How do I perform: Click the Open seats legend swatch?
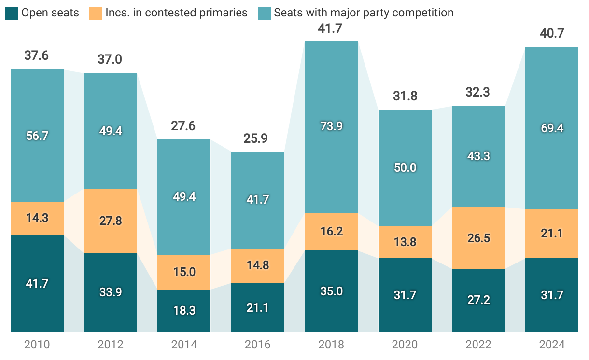pyautogui.click(x=12, y=13)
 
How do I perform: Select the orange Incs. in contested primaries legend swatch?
pyautogui.click(x=96, y=13)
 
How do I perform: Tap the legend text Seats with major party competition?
pyautogui.click(x=364, y=13)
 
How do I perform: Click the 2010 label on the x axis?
pyautogui.click(x=37, y=345)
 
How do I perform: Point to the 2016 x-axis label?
pyautogui.click(x=257, y=345)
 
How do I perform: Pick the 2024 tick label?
pyautogui.click(x=551, y=345)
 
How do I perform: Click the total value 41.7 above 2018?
pyautogui.click(x=331, y=28)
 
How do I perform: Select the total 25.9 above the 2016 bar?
pyautogui.click(x=257, y=139)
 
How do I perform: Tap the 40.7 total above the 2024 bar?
pyautogui.click(x=551, y=35)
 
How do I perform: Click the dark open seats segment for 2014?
pyautogui.click(x=184, y=311)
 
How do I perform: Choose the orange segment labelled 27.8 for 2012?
pyautogui.click(x=111, y=221)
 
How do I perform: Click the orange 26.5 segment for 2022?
pyautogui.click(x=478, y=238)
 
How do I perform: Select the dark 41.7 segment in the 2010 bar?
pyautogui.click(x=37, y=283)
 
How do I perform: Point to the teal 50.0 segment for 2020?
pyautogui.click(x=405, y=168)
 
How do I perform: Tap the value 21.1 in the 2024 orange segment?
pyautogui.click(x=551, y=234)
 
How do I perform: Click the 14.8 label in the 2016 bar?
pyautogui.click(x=257, y=265)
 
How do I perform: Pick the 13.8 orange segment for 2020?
pyautogui.click(x=405, y=242)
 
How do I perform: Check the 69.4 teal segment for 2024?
pyautogui.click(x=551, y=128)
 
